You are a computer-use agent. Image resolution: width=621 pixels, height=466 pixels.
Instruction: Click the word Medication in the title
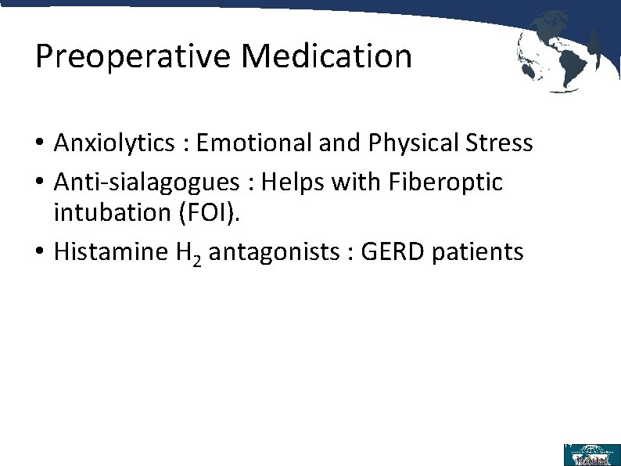pyautogui.click(x=326, y=56)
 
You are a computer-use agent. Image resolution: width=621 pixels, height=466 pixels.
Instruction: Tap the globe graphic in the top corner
pyautogui.click(x=557, y=51)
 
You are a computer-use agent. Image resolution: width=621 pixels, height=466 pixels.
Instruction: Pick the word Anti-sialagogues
pyautogui.click(x=146, y=182)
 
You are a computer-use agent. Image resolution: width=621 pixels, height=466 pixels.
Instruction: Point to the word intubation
pyautogui.click(x=111, y=212)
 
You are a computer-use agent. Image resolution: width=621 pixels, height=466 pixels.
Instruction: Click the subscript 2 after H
pyautogui.click(x=197, y=260)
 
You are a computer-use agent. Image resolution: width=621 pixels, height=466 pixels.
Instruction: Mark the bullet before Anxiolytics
pyautogui.click(x=41, y=144)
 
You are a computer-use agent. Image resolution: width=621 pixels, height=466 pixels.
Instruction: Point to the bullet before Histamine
pyautogui.click(x=41, y=252)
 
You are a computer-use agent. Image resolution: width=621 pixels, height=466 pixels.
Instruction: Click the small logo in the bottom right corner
pyautogui.click(x=591, y=454)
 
